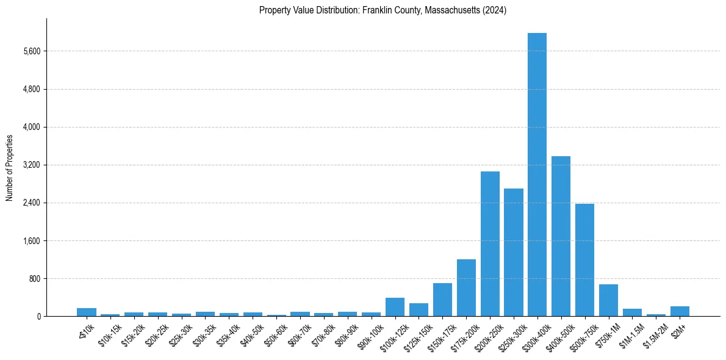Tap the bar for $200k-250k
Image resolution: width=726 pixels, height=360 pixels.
[490, 243]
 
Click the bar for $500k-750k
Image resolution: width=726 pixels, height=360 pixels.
[584, 260]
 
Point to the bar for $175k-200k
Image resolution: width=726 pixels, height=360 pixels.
[466, 287]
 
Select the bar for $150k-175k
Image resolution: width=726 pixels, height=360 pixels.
[442, 300]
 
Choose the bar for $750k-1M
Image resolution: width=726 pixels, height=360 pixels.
[608, 300]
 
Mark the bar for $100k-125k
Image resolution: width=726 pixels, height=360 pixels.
[395, 307]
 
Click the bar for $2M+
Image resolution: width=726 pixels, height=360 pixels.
[680, 311]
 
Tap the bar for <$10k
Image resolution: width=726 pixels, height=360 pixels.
[87, 312]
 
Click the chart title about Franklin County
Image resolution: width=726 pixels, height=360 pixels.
[383, 10]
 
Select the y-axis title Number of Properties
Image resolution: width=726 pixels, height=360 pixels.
[10, 167]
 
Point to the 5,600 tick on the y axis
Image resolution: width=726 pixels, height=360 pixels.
[31, 51]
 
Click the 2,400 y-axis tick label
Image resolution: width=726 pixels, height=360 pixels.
[31, 203]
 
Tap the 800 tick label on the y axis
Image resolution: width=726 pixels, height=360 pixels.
[34, 278]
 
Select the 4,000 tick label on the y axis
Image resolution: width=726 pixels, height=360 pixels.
[31, 127]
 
